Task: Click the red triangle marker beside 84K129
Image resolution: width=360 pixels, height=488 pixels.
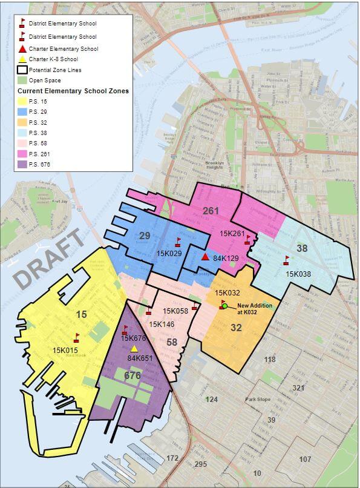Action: [x=205, y=257]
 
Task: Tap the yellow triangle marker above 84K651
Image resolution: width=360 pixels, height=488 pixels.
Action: [x=134, y=349]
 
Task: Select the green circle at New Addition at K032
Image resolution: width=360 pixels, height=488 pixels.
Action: [x=224, y=306]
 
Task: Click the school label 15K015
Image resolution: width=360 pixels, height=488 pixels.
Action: [x=66, y=350]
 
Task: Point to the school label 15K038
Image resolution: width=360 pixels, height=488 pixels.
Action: [x=297, y=274]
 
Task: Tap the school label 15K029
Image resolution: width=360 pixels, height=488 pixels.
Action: [x=169, y=252]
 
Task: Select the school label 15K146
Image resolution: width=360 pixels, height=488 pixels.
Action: [x=162, y=325]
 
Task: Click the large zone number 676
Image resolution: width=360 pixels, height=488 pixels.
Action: [x=132, y=375]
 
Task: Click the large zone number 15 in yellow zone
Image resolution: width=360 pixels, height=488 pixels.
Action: [x=82, y=314]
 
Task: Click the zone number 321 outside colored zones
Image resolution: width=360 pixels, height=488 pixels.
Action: [x=299, y=387]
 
